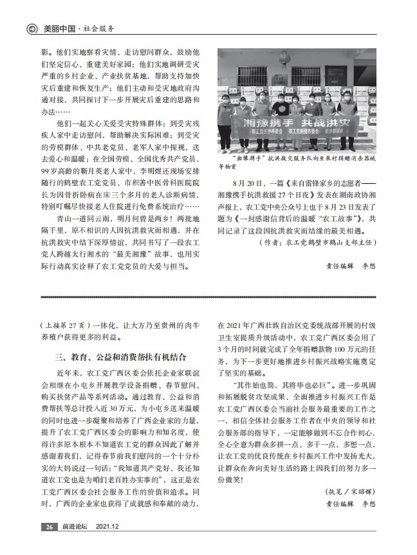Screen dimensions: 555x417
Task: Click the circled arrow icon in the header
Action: click(x=30, y=29)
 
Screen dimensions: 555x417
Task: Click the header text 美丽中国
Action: click(x=60, y=29)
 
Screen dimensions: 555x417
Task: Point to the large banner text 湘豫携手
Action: click(x=261, y=123)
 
